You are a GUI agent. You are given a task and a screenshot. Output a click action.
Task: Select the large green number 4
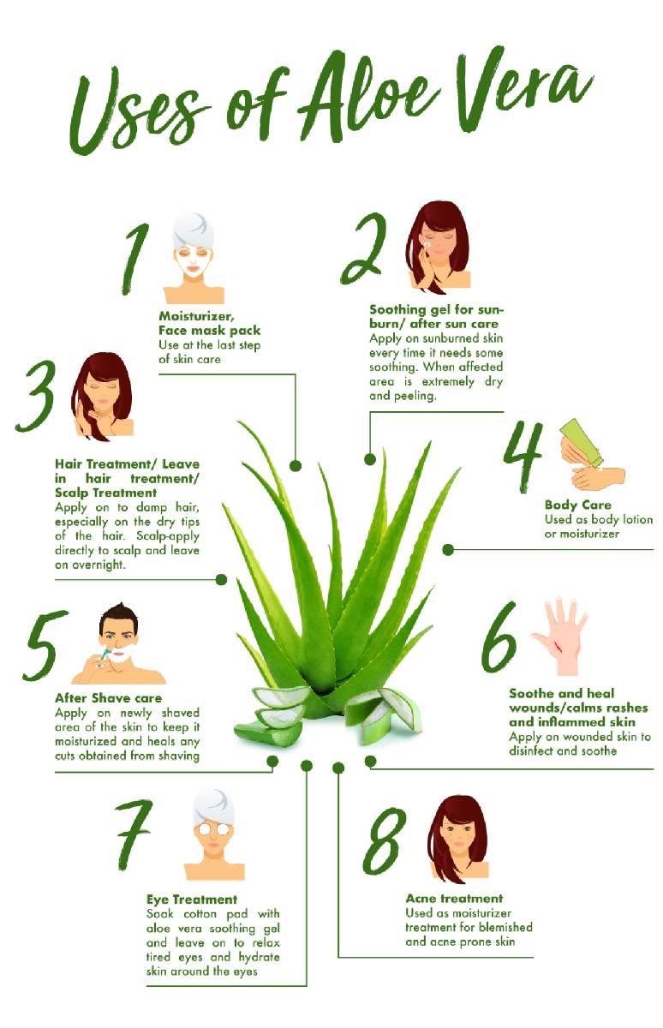(523, 457)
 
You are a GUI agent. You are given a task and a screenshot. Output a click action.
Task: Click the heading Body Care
(577, 505)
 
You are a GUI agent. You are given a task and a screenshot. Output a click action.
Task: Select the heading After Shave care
(108, 698)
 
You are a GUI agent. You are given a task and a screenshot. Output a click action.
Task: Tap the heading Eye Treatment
(192, 899)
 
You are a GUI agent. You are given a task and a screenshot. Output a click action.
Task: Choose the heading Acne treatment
(454, 898)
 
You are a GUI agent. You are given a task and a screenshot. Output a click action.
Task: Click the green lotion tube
(581, 441)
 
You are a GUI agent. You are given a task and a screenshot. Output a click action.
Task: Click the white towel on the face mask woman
(194, 230)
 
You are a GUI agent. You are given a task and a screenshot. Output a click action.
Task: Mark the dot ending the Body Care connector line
(448, 549)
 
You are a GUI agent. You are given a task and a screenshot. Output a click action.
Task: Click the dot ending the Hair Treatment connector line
(221, 580)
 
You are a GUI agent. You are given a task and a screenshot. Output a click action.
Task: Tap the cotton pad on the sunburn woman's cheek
(427, 246)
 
